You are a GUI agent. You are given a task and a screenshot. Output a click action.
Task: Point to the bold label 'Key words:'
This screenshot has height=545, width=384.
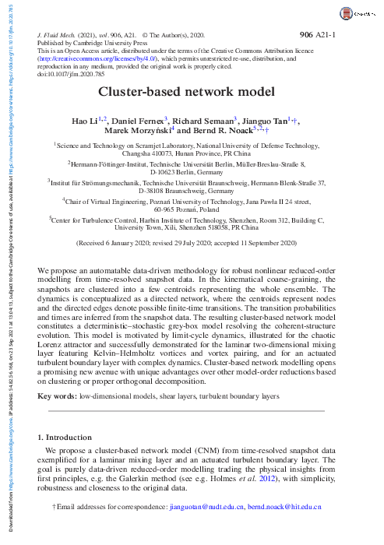pos(56,396)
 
